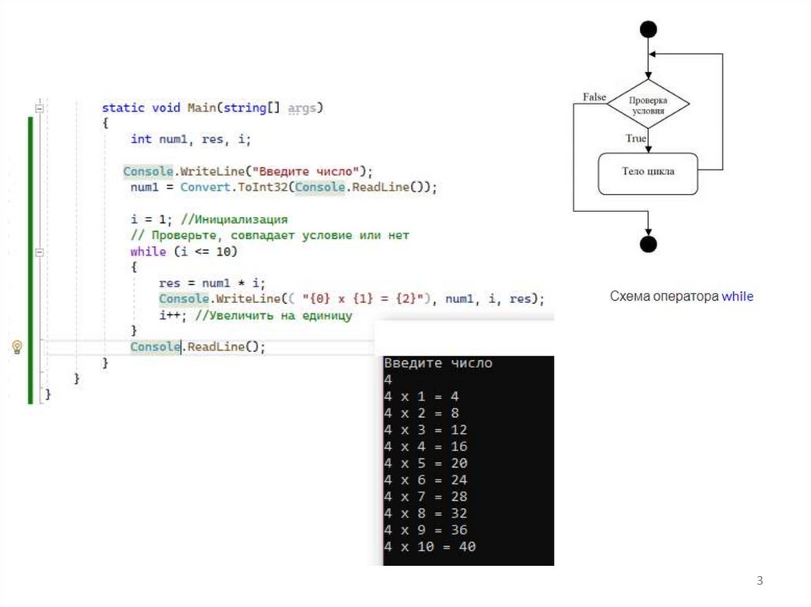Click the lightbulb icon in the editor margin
[17, 347]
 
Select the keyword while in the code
[148, 252]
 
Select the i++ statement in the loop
[171, 316]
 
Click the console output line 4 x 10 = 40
[430, 547]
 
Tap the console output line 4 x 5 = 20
[426, 463]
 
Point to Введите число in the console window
[438, 363]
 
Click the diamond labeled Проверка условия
[648, 105]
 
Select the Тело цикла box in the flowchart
[648, 172]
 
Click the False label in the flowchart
[594, 97]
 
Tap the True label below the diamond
[636, 138]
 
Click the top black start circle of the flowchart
[648, 29]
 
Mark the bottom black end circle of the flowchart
[648, 243]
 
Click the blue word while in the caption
[737, 297]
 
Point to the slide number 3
[760, 582]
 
